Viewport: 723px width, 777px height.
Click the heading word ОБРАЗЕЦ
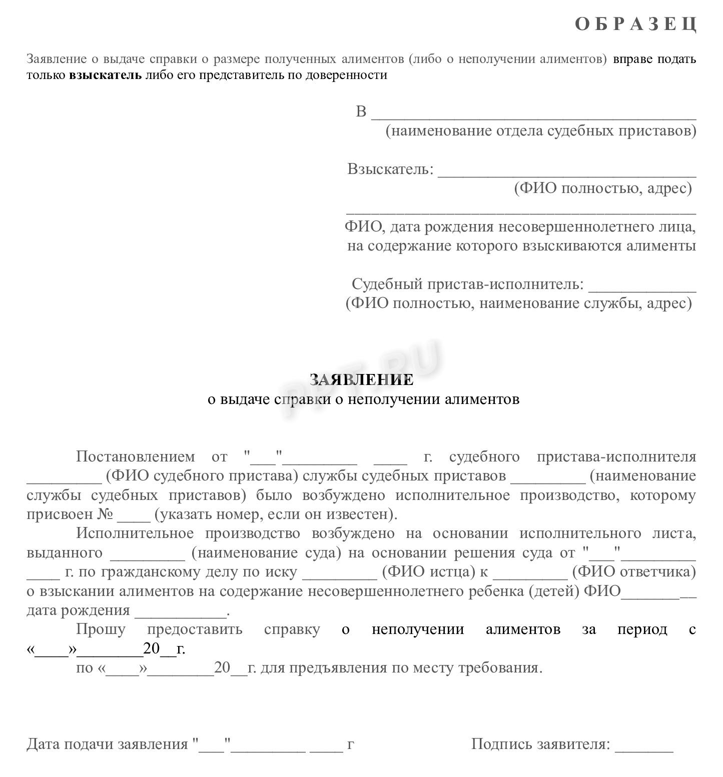pos(635,24)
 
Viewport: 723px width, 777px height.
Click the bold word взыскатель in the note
pos(105,75)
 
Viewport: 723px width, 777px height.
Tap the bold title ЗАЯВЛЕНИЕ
pos(361,379)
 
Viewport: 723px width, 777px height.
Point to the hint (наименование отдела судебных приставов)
pos(540,131)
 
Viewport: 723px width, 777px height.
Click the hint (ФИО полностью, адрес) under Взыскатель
pos(603,188)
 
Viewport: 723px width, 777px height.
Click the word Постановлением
pos(135,456)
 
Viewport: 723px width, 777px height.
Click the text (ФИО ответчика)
pos(634,572)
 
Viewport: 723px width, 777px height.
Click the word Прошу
pos(101,629)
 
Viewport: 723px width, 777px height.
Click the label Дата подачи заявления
pos(107,744)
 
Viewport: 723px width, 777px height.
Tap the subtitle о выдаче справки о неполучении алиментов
pos(363,399)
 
